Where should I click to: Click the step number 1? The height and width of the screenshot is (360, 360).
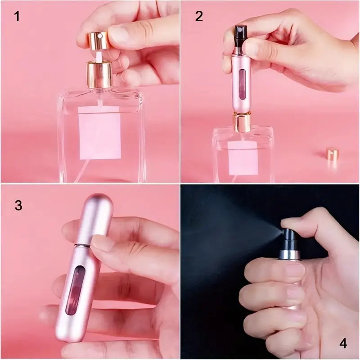tap(17, 17)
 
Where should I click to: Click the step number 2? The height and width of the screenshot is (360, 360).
tap(199, 16)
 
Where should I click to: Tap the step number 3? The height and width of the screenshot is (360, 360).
tap(18, 205)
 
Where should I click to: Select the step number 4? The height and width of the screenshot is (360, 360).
tap(343, 343)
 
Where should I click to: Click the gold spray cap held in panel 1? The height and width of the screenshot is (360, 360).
tap(98, 40)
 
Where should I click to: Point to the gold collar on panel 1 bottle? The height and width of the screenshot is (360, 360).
tap(99, 75)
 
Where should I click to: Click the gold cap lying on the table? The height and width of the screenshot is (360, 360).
tap(332, 154)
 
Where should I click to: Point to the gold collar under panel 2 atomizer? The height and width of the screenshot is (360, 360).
tap(242, 122)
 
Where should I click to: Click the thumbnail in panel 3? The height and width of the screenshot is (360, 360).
tap(104, 243)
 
